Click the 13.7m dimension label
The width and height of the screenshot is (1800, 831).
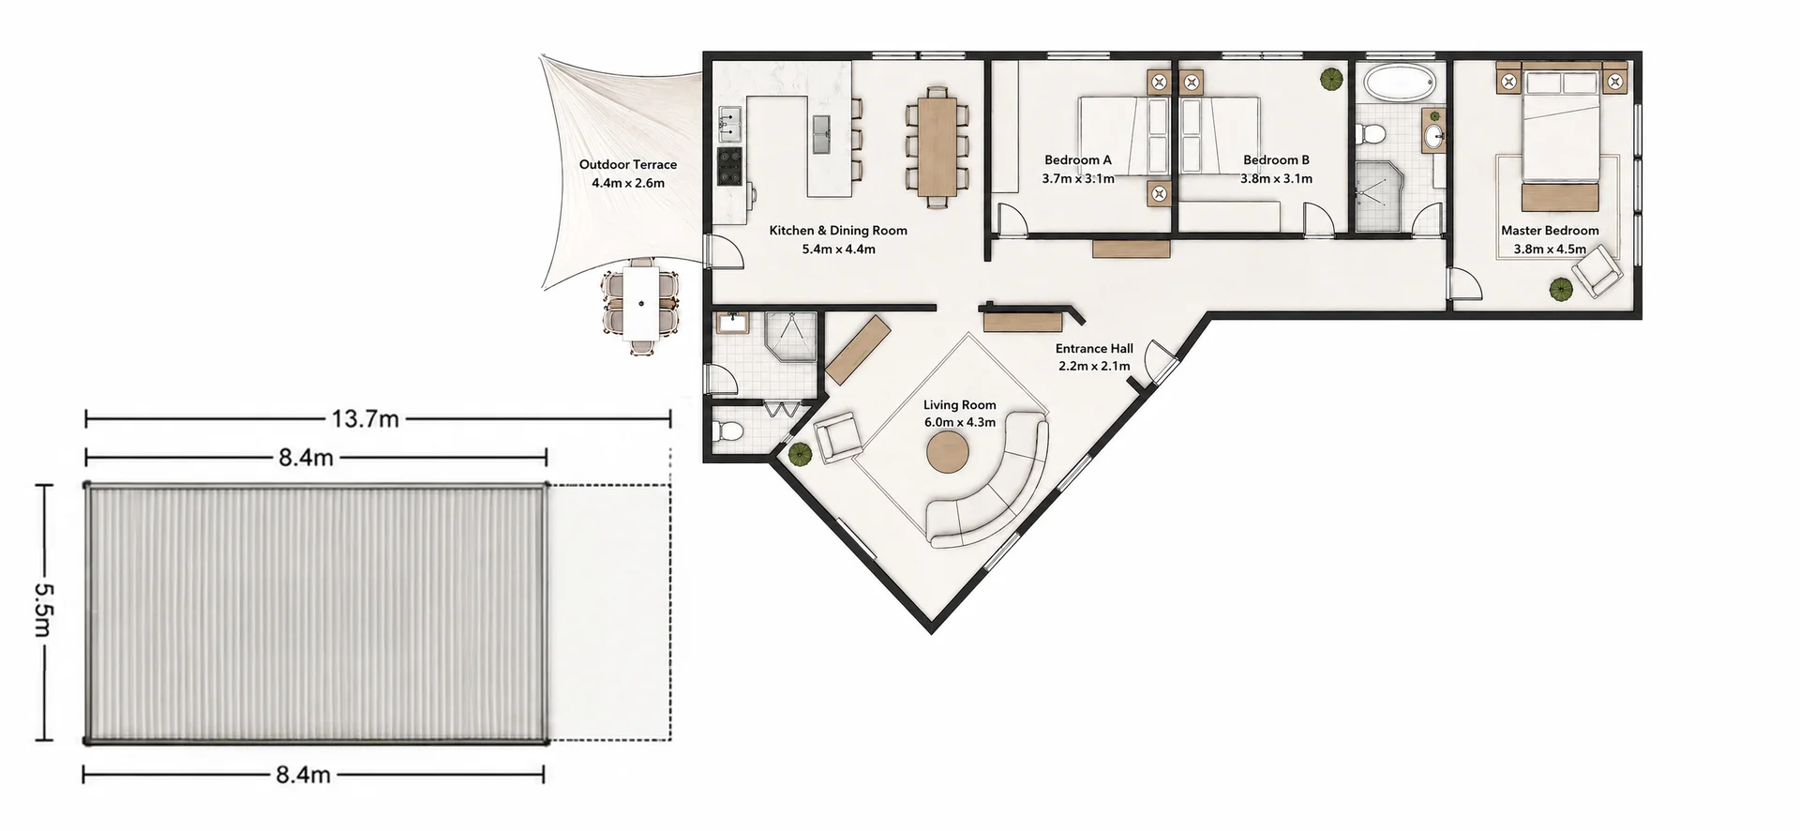pyautogui.click(x=365, y=419)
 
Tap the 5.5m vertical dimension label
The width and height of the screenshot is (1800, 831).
pyautogui.click(x=44, y=610)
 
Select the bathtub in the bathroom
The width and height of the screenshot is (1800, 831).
pyautogui.click(x=1399, y=83)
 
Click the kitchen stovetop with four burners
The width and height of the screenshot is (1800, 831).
pyautogui.click(x=730, y=166)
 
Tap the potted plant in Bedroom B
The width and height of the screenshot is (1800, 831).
pyautogui.click(x=1329, y=79)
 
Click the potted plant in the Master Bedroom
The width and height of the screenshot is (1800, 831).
pyautogui.click(x=1560, y=290)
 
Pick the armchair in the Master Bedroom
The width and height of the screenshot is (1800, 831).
pyautogui.click(x=1597, y=271)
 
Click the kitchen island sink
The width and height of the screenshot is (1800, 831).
pyautogui.click(x=823, y=133)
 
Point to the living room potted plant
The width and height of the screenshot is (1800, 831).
pyautogui.click(x=800, y=455)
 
